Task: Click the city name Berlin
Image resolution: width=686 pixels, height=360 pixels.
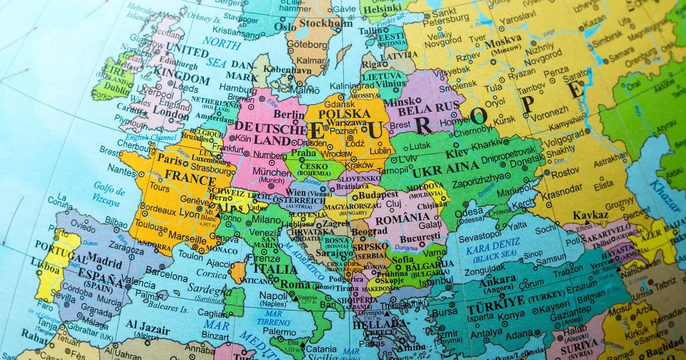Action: [289, 115]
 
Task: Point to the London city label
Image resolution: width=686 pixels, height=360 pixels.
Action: [167, 113]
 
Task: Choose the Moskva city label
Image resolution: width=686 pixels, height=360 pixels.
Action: [503, 39]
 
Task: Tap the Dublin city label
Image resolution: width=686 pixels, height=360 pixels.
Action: [118, 89]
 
